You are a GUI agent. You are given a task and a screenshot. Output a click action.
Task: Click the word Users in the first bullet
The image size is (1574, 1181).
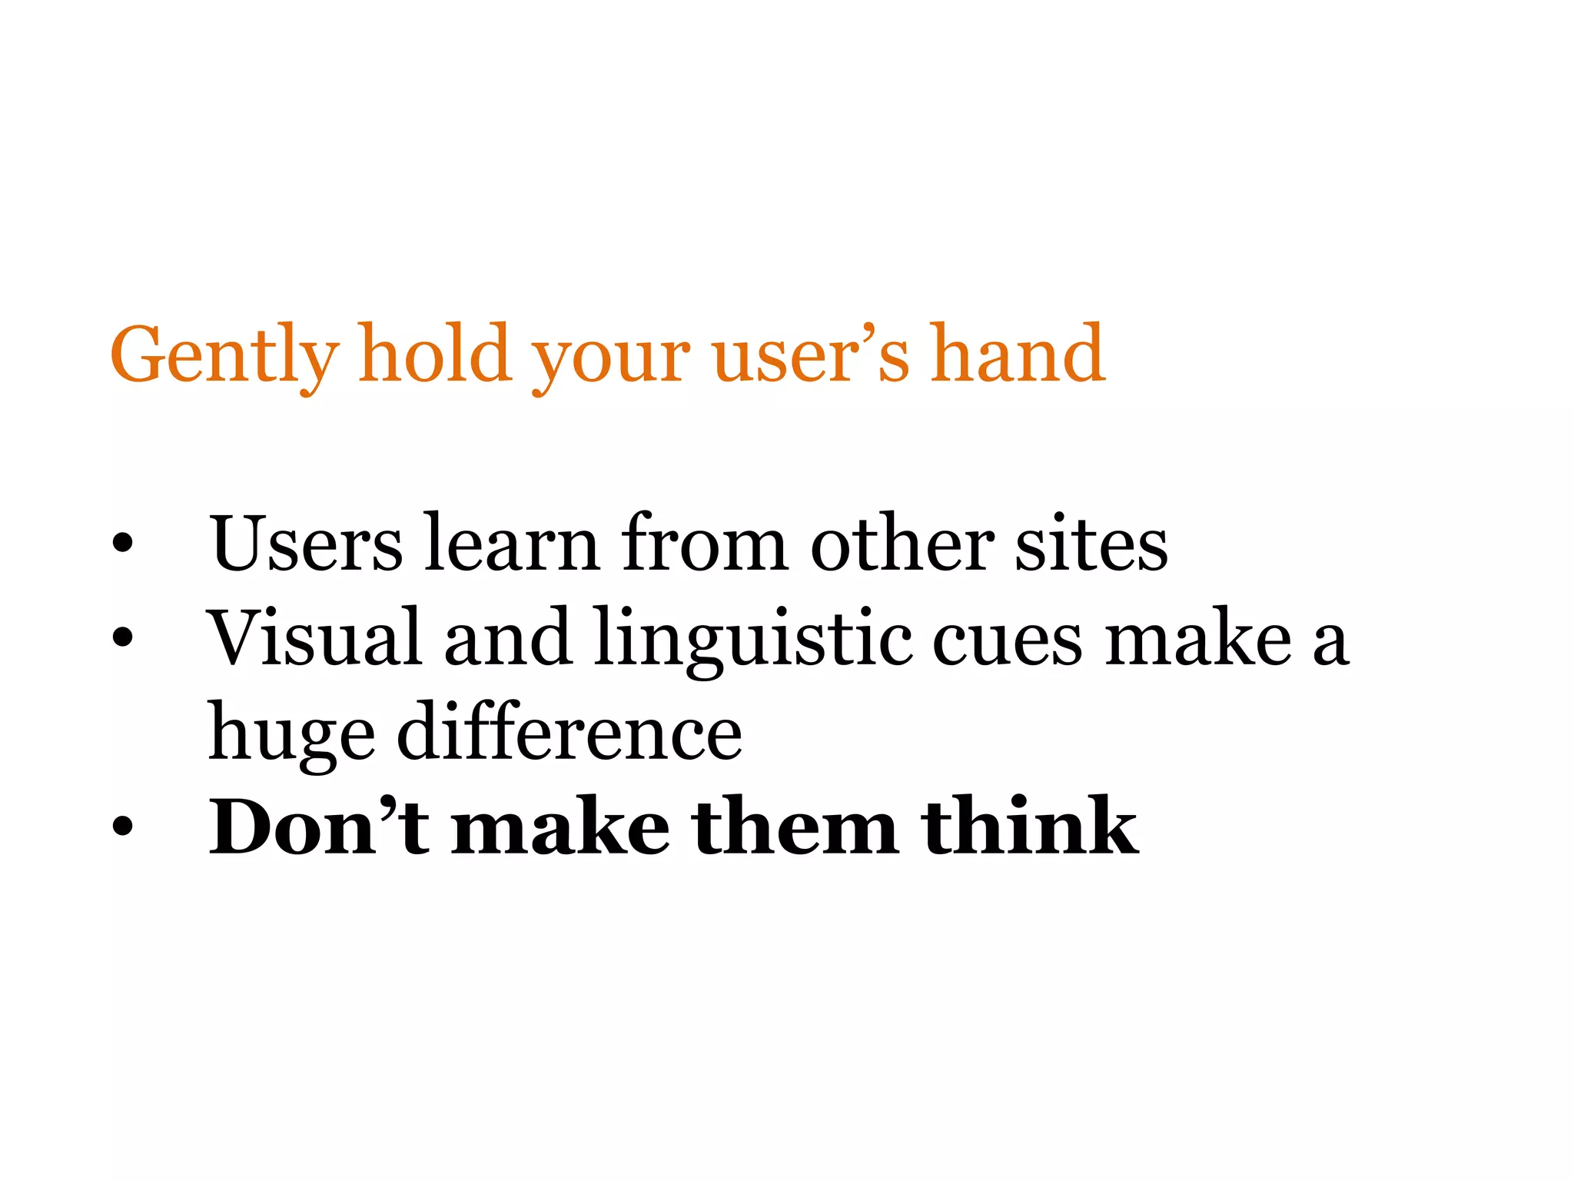coord(307,543)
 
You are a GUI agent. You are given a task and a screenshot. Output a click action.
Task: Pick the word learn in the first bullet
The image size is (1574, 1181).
coord(512,543)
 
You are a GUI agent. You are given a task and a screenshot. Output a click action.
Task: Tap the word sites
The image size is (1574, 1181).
coord(1091,543)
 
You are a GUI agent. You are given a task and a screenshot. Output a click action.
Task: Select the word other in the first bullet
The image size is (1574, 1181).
coord(902,543)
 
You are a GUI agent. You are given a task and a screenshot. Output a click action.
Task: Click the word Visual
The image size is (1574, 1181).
coord(314,637)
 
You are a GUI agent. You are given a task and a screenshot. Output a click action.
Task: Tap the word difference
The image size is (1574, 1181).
coord(569,732)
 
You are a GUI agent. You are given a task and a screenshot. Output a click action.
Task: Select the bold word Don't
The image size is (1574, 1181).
coord(319,827)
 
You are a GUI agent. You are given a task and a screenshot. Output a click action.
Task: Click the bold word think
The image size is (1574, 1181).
coord(1030,827)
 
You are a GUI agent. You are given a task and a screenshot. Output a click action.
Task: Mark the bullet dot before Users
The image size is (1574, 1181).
coord(122,544)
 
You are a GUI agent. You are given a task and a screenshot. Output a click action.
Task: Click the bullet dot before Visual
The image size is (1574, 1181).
coord(122,637)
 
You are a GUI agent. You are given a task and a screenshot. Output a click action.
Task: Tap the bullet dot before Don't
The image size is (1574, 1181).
coord(122,827)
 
